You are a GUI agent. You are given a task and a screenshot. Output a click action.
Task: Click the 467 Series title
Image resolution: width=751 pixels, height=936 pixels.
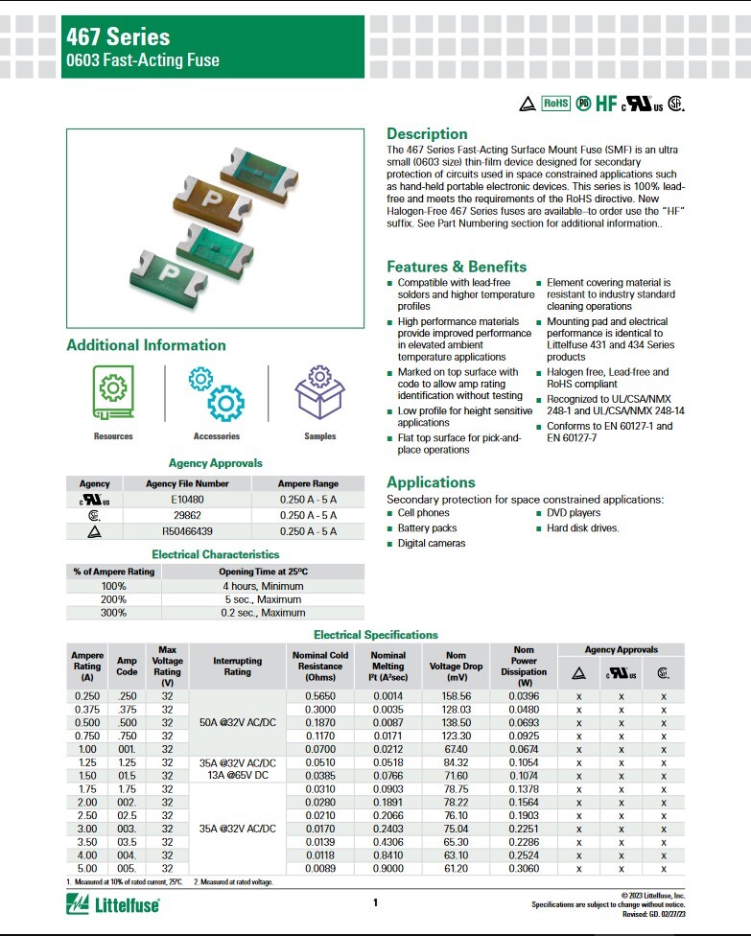pyautogui.click(x=118, y=36)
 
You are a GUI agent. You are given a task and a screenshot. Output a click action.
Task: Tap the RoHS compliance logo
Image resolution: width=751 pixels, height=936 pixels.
pyautogui.click(x=555, y=104)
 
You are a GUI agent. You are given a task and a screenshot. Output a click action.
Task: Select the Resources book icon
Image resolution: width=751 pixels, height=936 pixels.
pyautogui.click(x=113, y=392)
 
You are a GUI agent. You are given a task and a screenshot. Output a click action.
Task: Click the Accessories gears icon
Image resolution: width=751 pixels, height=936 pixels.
pyautogui.click(x=217, y=392)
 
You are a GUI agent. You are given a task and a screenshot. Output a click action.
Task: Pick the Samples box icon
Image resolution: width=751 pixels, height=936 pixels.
pyautogui.click(x=319, y=392)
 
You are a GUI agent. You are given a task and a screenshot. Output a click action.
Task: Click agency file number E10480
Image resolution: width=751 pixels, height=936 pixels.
pyautogui.click(x=187, y=500)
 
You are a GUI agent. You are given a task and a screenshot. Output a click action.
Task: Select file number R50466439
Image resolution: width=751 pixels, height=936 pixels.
pyautogui.click(x=187, y=530)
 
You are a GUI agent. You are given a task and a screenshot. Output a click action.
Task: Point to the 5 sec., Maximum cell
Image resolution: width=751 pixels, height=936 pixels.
pyautogui.click(x=263, y=597)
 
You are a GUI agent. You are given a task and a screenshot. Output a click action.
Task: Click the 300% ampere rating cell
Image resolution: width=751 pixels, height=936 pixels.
pyautogui.click(x=114, y=613)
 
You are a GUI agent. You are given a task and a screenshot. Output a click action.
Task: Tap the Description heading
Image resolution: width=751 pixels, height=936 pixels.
pyautogui.click(x=427, y=133)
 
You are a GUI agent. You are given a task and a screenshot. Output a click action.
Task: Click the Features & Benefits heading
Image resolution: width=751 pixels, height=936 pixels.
pyautogui.click(x=457, y=267)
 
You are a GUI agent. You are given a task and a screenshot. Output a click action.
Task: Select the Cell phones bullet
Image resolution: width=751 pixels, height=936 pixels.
pyautogui.click(x=425, y=513)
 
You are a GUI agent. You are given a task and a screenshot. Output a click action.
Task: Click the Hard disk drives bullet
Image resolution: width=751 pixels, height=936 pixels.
pyautogui.click(x=583, y=528)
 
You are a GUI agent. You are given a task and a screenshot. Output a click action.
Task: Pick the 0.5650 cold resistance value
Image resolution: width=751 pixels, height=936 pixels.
pyautogui.click(x=319, y=695)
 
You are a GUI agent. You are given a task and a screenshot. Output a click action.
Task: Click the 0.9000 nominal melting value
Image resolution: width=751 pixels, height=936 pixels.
pyautogui.click(x=388, y=869)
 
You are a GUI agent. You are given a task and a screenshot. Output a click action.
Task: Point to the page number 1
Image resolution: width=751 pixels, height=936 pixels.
pyautogui.click(x=376, y=902)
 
